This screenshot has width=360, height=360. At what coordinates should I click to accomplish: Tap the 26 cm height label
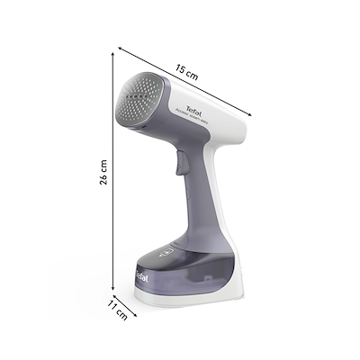point(104,173)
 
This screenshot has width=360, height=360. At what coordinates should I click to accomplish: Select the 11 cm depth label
point(115,308)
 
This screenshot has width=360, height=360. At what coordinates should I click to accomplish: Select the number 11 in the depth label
point(112,304)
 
